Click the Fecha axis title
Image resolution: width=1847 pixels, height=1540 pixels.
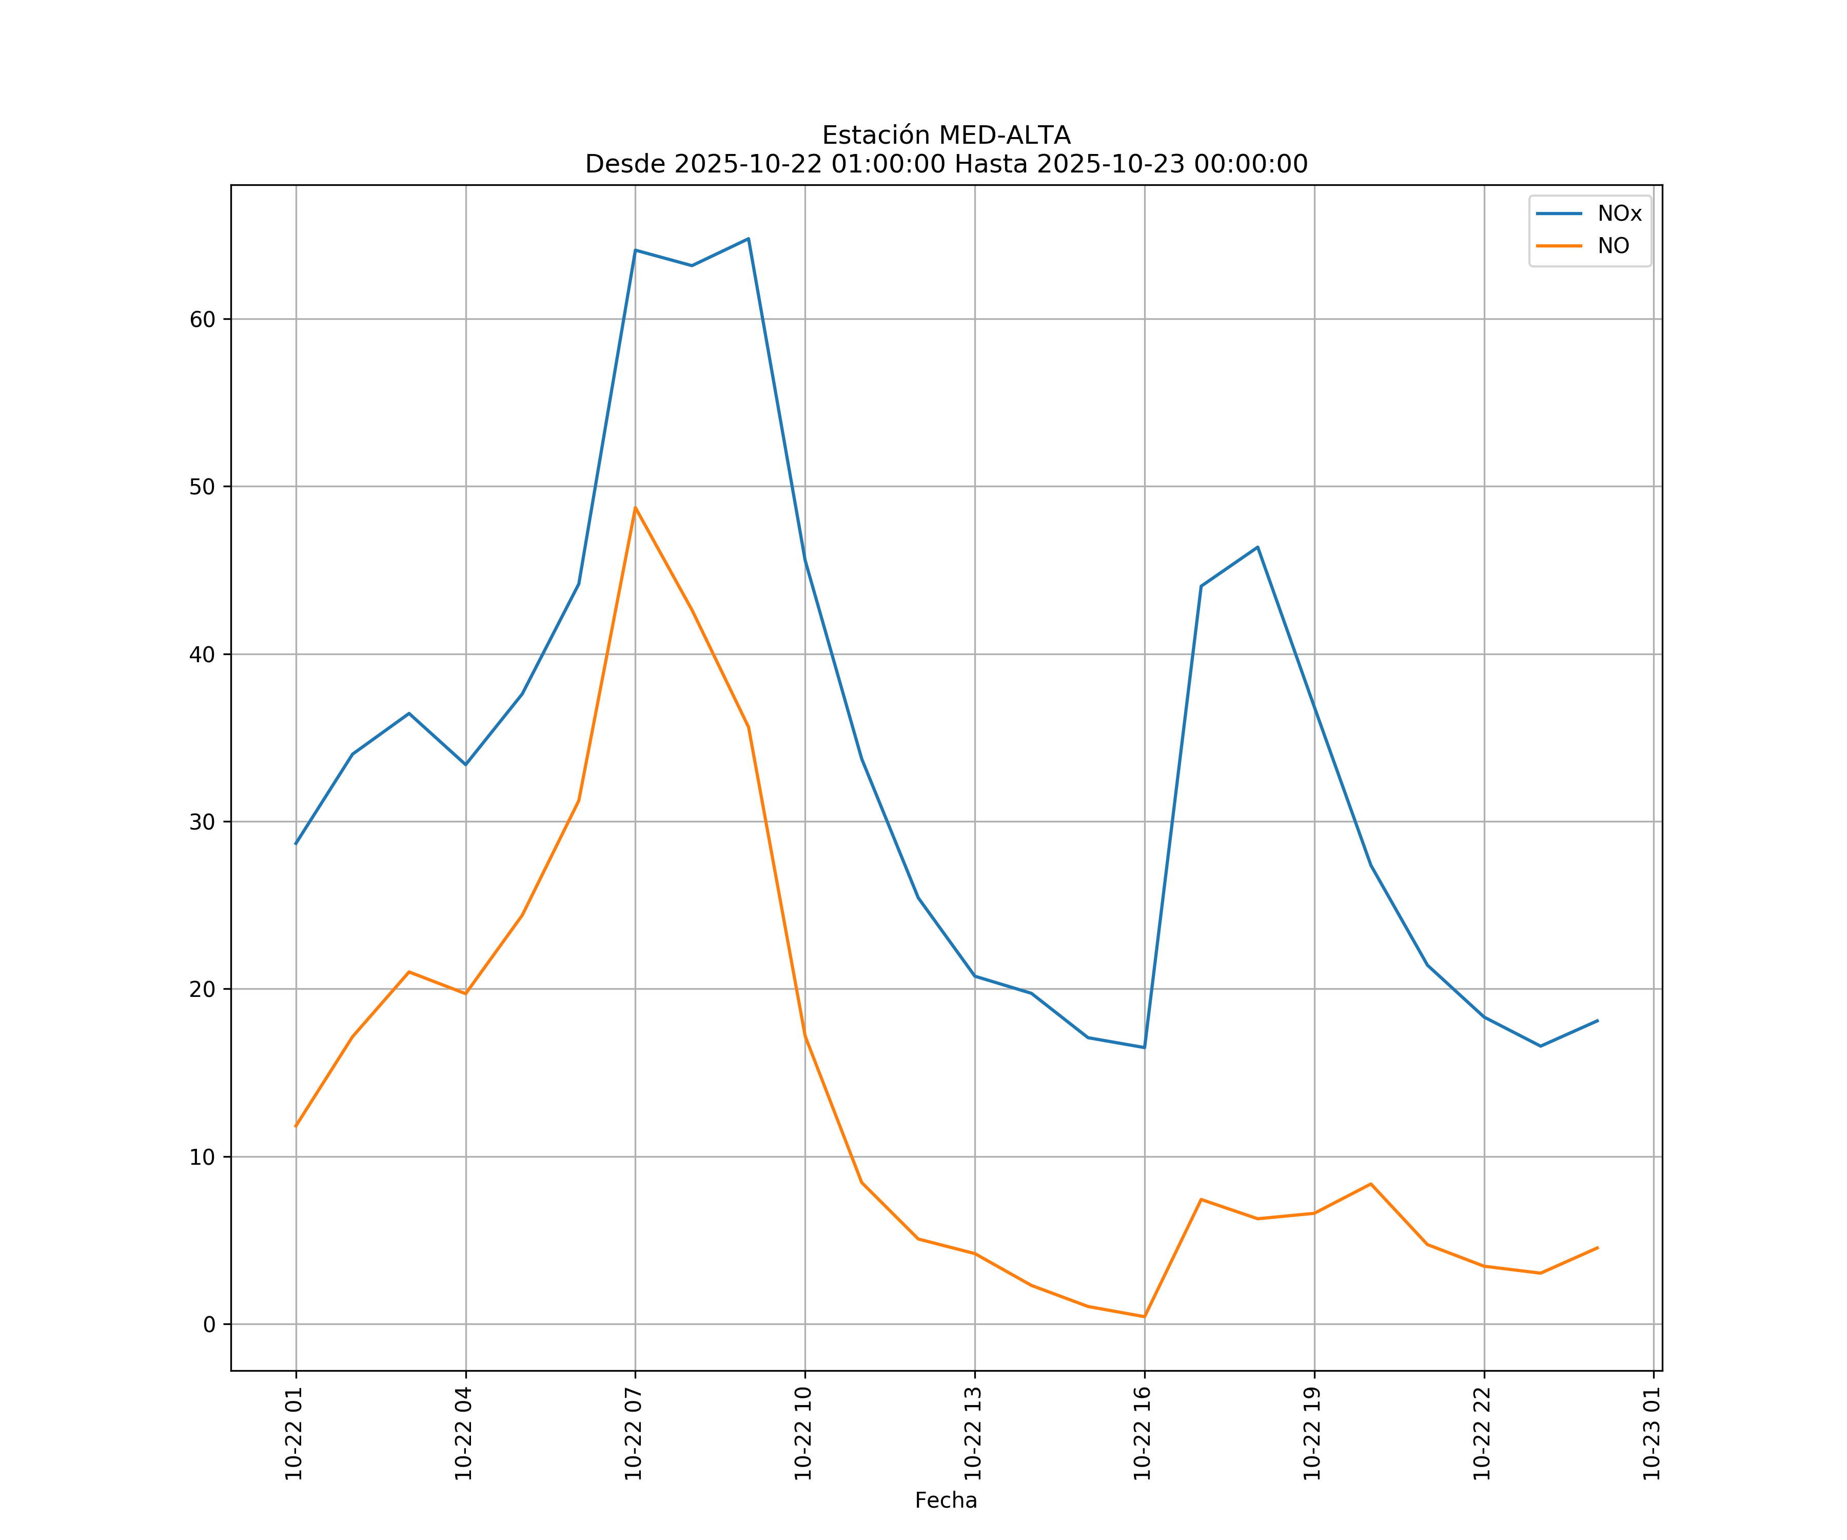[x=946, y=1500]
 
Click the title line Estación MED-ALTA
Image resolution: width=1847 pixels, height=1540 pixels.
[x=946, y=136]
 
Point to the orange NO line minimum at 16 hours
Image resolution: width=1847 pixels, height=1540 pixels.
[x=1144, y=1317]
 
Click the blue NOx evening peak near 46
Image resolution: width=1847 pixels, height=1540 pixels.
[x=1257, y=547]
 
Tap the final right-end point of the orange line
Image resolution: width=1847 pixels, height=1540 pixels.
[x=1597, y=1248]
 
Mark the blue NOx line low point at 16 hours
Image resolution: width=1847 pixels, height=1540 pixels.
[x=1144, y=1047]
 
